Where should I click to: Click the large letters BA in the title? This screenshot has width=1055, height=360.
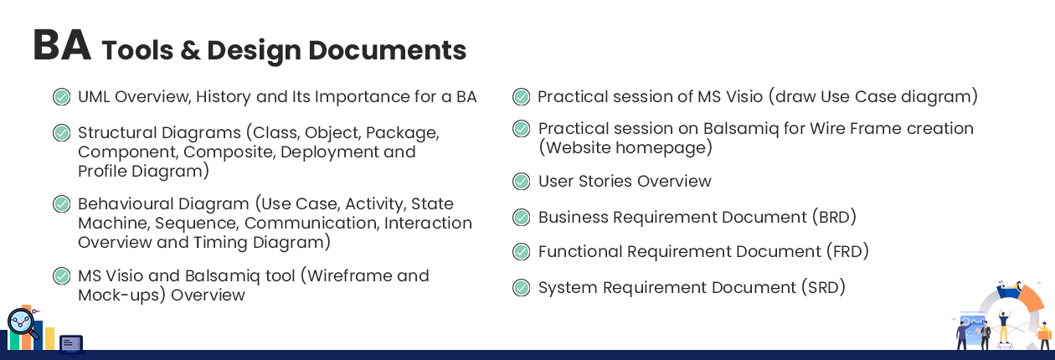tap(62, 45)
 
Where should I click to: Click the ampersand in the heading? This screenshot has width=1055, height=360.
tap(190, 50)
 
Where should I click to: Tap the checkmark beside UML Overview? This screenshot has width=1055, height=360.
tap(61, 96)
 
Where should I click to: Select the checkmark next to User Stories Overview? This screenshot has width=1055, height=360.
tap(521, 181)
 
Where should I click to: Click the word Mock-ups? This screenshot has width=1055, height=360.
tap(121, 296)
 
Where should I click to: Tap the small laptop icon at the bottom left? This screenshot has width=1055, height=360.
tap(72, 344)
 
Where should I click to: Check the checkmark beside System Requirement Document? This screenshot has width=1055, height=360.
tap(521, 287)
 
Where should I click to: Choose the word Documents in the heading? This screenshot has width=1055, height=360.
tap(387, 50)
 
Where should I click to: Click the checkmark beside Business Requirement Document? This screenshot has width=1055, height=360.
tap(521, 217)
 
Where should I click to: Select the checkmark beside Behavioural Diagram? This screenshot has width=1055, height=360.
tap(61, 204)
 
